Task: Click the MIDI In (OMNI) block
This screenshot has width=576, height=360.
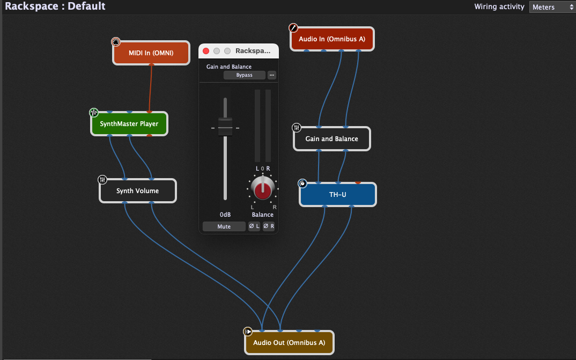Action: [151, 53]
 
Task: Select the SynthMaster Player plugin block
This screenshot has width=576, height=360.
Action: [129, 124]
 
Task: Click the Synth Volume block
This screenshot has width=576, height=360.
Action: [137, 190]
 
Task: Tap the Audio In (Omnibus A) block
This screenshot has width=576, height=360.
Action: [331, 39]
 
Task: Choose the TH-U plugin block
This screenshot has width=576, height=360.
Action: [337, 194]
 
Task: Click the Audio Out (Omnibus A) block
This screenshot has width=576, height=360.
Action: [289, 342]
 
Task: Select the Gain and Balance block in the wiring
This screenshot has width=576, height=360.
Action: [331, 138]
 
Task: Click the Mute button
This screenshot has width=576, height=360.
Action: [224, 226]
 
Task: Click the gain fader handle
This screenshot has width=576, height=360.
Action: [225, 127]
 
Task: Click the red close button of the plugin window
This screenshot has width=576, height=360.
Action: [206, 51]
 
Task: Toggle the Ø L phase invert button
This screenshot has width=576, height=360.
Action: [254, 226]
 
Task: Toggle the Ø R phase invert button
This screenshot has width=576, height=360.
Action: [269, 226]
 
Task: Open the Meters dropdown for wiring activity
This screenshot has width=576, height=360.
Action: [552, 7]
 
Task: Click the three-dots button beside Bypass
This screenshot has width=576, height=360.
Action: [271, 75]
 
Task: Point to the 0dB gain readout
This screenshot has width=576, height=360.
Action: [225, 215]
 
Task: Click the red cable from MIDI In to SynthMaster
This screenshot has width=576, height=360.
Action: [151, 89]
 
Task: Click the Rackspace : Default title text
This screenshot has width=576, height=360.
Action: [55, 6]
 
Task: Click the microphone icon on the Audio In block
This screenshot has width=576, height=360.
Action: [293, 28]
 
